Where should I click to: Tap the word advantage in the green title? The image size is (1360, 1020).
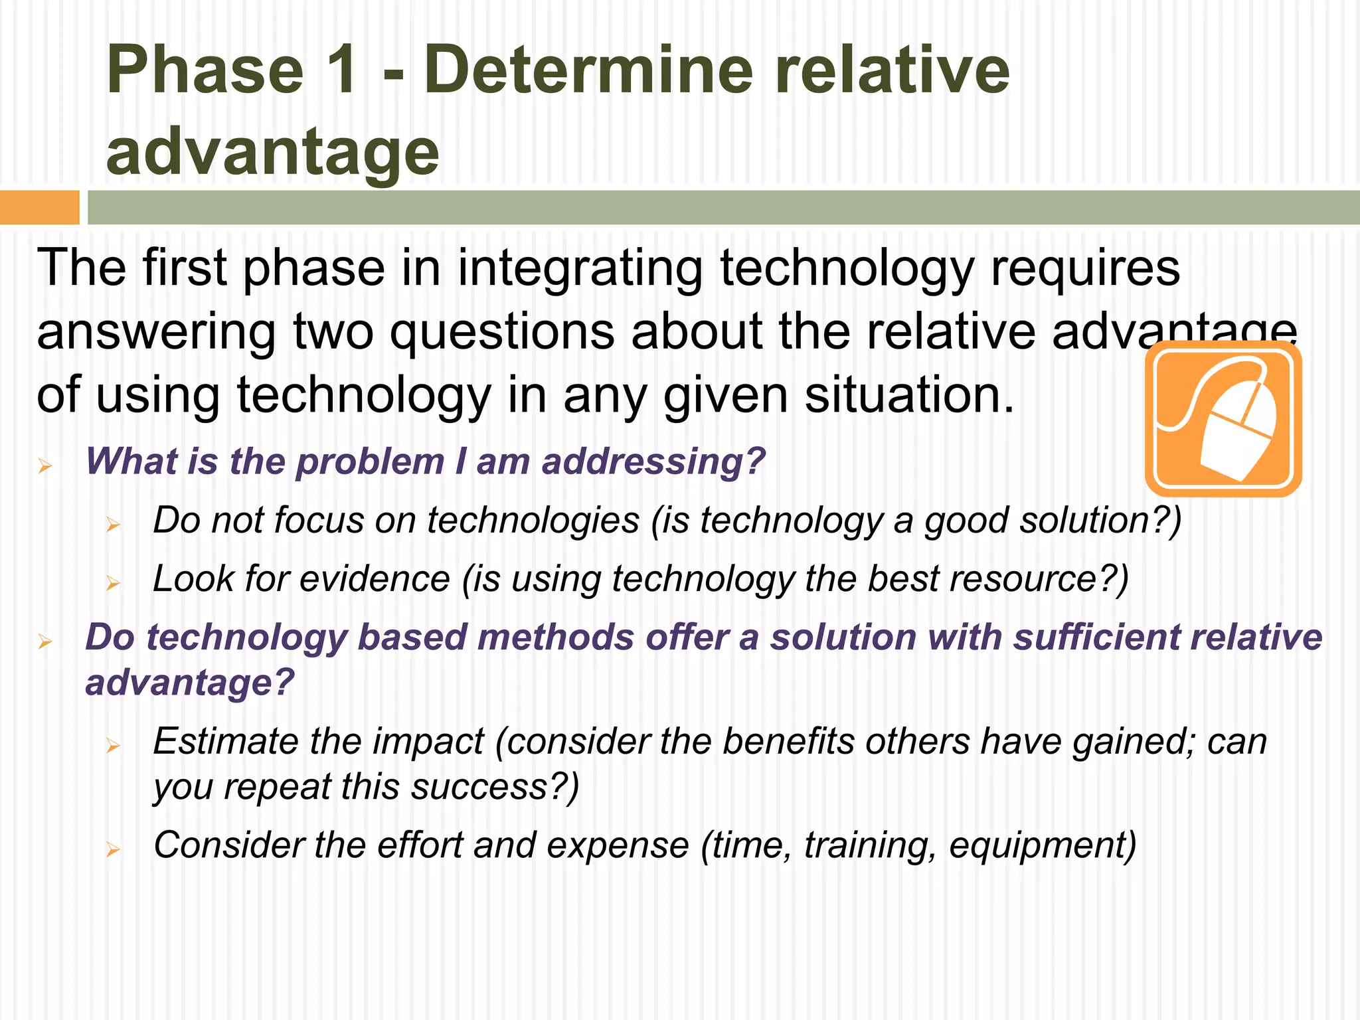272,153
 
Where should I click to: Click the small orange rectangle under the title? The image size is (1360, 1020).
39,207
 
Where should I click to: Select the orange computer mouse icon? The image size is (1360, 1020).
1223,419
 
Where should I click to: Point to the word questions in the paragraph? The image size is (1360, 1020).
501,332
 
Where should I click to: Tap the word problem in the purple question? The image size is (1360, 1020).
370,462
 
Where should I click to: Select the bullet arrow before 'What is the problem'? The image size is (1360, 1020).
44,466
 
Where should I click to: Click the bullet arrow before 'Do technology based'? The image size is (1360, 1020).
44,642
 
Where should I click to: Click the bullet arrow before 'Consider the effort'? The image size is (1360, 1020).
113,849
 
